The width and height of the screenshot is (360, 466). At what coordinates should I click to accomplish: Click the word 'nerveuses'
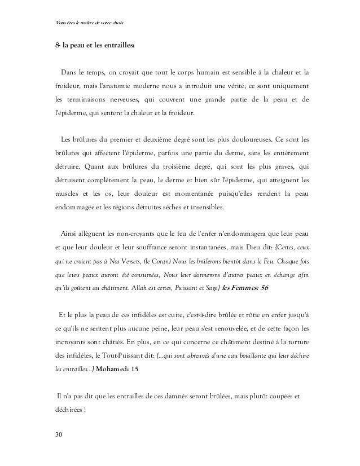click(x=138, y=99)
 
